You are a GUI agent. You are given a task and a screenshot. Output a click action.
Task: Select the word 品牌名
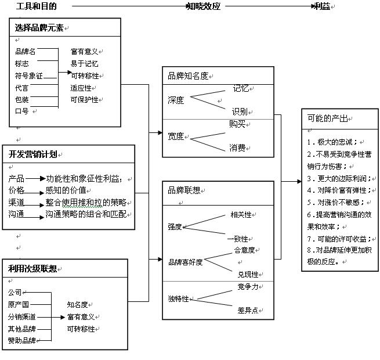(25, 51)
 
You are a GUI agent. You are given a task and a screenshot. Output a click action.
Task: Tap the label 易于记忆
(84, 63)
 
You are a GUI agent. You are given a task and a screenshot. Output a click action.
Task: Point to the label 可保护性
(84, 99)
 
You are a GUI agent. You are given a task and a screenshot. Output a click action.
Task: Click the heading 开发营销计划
(32, 154)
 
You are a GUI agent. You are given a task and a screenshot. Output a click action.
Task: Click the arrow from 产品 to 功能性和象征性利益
(35, 178)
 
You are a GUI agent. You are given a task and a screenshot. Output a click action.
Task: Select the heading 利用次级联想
(32, 268)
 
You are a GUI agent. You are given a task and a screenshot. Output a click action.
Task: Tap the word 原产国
(18, 304)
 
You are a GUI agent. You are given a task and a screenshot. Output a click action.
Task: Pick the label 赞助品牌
(21, 340)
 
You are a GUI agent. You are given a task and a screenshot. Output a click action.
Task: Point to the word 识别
(240, 111)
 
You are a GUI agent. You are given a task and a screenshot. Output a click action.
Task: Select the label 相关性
(240, 214)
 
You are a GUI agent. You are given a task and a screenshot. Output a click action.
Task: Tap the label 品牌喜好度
(185, 262)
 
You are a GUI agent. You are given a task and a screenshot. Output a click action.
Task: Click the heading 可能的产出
(327, 118)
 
